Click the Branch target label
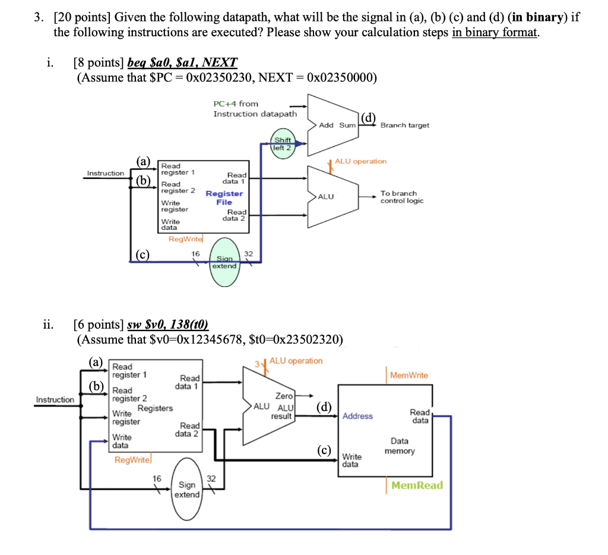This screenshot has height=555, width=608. click(x=404, y=125)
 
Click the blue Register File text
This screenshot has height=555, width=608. click(x=224, y=198)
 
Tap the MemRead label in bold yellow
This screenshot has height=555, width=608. click(x=417, y=485)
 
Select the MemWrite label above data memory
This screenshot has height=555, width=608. click(x=408, y=376)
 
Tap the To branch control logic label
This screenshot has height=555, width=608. click(x=402, y=197)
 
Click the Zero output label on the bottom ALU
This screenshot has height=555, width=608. click(x=284, y=396)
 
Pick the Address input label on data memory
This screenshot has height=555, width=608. click(x=357, y=416)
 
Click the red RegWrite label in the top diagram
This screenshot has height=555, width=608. click(x=185, y=239)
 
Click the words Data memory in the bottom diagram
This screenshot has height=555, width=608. click(x=400, y=446)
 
